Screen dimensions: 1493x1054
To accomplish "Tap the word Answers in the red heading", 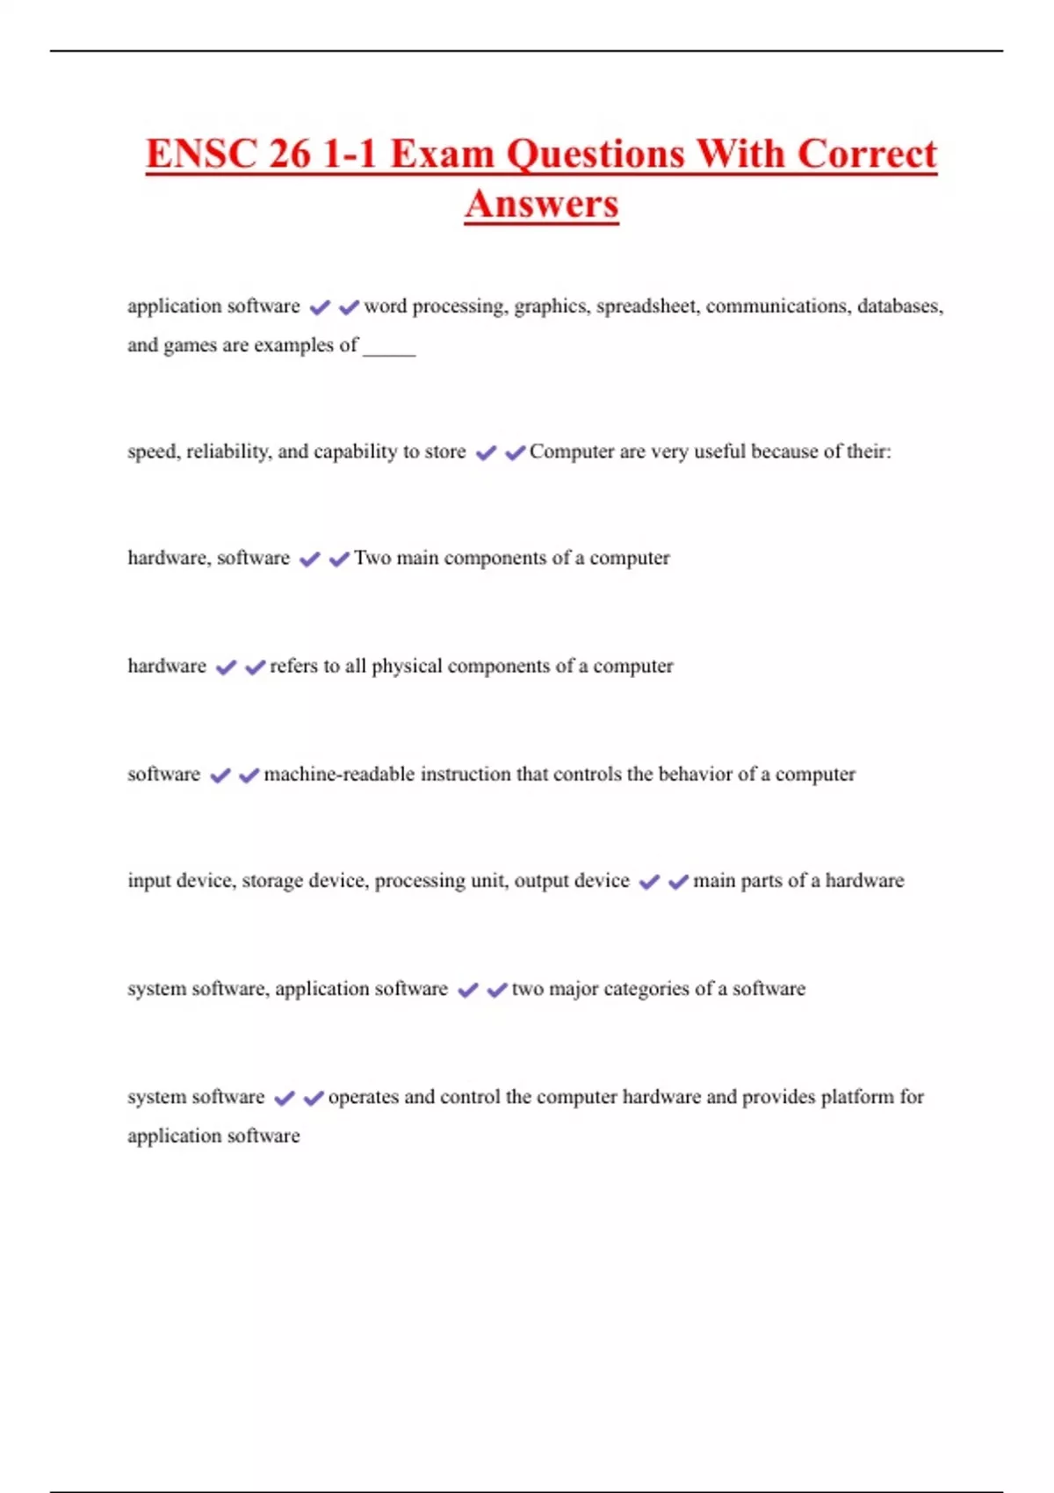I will click(x=541, y=204).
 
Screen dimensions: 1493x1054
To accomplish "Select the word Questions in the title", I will click(x=596, y=154).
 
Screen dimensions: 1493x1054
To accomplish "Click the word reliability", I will click(x=228, y=451).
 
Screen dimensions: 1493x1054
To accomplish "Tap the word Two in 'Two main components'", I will click(x=372, y=558).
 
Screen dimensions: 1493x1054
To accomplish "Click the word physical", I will click(x=407, y=666).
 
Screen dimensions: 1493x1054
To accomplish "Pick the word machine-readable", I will click(x=339, y=774).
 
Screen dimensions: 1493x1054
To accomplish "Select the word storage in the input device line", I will click(x=273, y=881).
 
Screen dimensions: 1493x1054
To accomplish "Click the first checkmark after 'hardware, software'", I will click(x=309, y=559).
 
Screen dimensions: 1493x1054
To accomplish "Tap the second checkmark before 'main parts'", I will click(x=678, y=882).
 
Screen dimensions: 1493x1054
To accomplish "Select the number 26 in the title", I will click(x=290, y=154).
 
